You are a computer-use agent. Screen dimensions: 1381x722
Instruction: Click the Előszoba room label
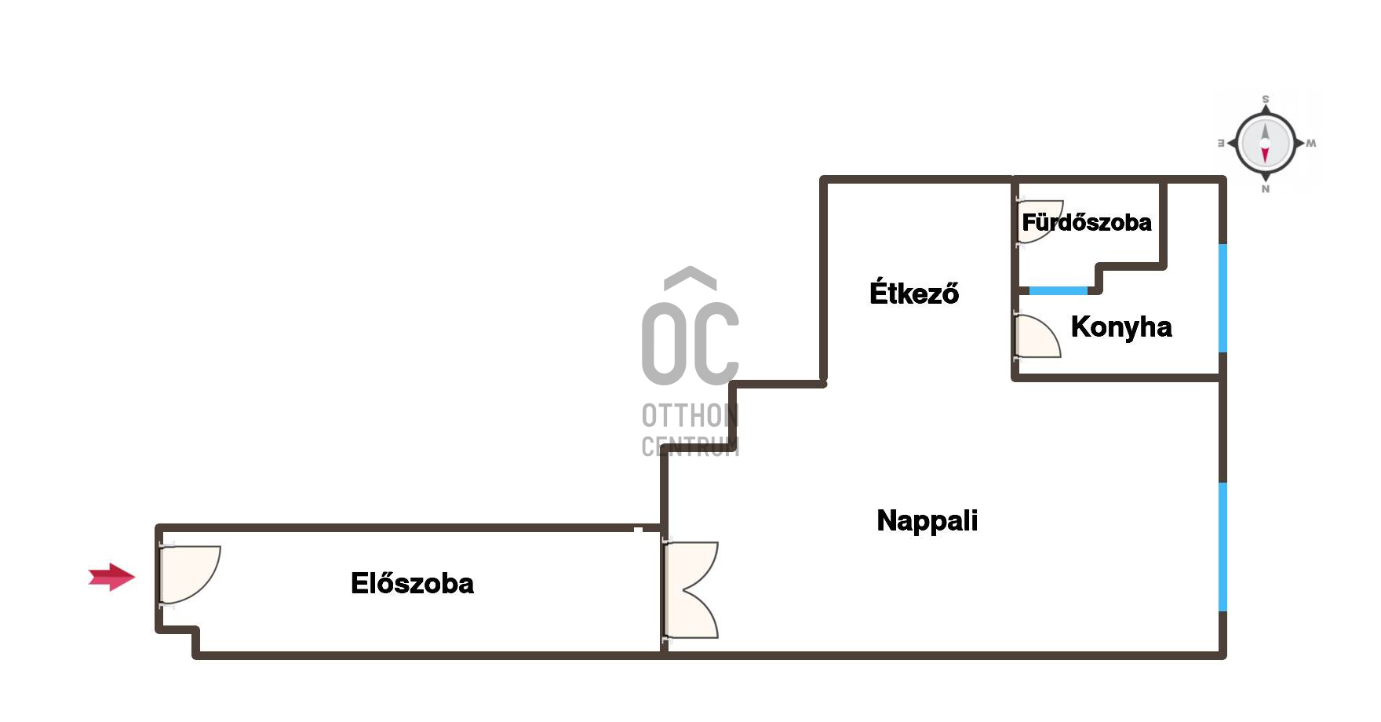coord(412,583)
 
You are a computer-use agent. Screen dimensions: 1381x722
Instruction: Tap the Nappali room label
coord(927,520)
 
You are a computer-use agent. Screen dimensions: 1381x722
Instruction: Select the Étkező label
coord(913,292)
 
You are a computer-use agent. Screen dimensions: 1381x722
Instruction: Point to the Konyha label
coord(1120,326)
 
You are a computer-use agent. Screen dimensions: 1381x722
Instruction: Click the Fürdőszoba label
coord(1086,222)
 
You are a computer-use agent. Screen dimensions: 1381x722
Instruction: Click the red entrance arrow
coord(111,577)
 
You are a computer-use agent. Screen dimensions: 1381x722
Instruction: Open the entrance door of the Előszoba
coord(190,575)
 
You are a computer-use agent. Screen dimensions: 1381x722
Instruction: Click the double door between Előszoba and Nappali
coord(690,589)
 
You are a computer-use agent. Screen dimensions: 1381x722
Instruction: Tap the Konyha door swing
coord(1037,336)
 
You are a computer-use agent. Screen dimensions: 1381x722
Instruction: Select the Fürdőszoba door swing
coord(1039,221)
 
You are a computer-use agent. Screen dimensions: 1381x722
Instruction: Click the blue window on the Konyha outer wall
coord(1222,298)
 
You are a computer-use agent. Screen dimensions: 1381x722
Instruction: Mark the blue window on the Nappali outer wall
coord(1222,546)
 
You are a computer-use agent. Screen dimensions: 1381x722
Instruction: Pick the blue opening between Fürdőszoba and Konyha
coord(1059,290)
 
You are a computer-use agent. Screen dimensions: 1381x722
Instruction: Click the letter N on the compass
coord(1265,189)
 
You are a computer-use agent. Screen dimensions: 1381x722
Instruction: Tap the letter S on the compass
coord(1265,100)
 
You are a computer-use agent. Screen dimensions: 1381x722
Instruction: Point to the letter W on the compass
coord(1311,144)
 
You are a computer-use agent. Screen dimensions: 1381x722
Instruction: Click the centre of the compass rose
coord(1265,144)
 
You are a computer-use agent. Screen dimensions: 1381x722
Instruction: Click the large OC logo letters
coord(690,344)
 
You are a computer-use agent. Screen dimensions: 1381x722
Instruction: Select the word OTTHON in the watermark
coord(690,415)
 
